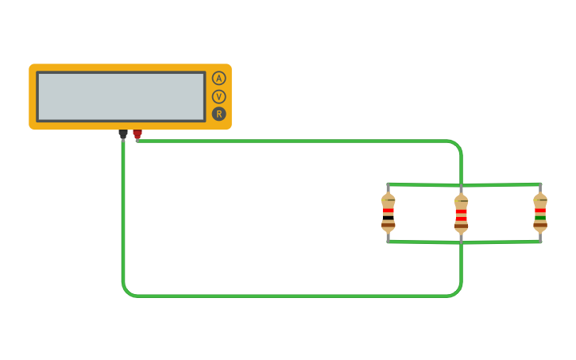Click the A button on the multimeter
(218, 78)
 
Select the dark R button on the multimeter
(218, 114)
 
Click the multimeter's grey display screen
(121, 96)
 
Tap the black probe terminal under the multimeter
(123, 134)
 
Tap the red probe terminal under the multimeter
(137, 134)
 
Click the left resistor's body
(388, 212)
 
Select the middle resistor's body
(461, 212)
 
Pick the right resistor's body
(540, 212)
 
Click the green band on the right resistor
(540, 216)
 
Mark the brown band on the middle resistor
(461, 225)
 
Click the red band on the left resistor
(388, 211)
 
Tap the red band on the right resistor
(540, 211)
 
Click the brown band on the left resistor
(388, 225)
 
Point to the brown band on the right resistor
(540, 225)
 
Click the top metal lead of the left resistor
(388, 189)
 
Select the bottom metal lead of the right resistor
(540, 236)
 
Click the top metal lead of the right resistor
(540, 189)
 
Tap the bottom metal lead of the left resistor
(388, 236)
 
